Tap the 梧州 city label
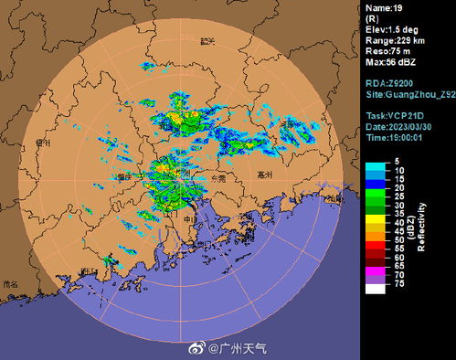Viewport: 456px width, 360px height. click(x=40, y=142)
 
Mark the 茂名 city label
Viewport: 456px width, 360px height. click(x=12, y=284)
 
